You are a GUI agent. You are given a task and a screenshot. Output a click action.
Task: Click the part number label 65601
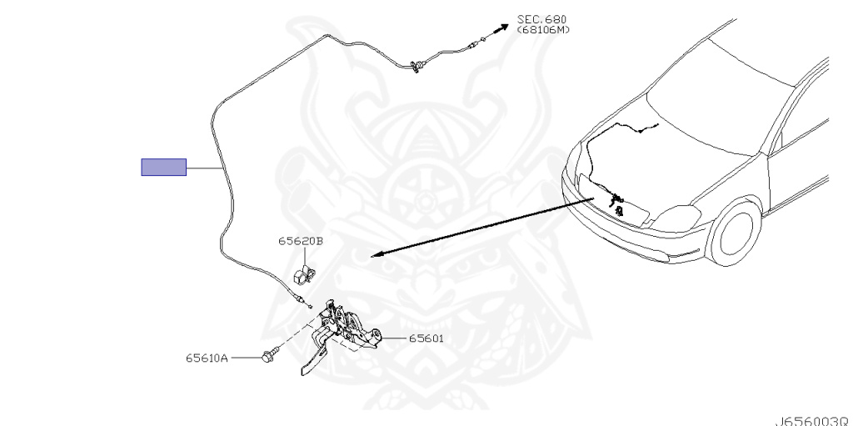click(x=426, y=338)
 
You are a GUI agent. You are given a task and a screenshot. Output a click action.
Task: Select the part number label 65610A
click(x=207, y=358)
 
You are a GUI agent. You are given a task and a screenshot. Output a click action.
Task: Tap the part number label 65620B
click(x=300, y=241)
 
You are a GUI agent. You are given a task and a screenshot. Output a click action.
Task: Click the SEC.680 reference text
click(x=541, y=20)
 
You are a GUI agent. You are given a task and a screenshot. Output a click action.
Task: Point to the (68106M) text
click(x=543, y=29)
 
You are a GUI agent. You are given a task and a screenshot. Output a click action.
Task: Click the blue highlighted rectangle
click(x=164, y=168)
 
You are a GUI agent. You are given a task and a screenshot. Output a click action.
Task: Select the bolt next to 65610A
click(x=269, y=355)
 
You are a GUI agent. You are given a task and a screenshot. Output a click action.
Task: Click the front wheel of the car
click(x=734, y=231)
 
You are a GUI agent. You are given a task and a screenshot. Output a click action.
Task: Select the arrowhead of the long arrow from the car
click(x=377, y=253)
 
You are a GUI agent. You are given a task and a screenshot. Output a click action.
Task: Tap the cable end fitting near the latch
click(x=301, y=299)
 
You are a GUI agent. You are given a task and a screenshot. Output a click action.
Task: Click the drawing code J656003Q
click(x=813, y=421)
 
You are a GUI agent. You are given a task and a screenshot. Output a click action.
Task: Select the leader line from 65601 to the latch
click(x=394, y=338)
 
